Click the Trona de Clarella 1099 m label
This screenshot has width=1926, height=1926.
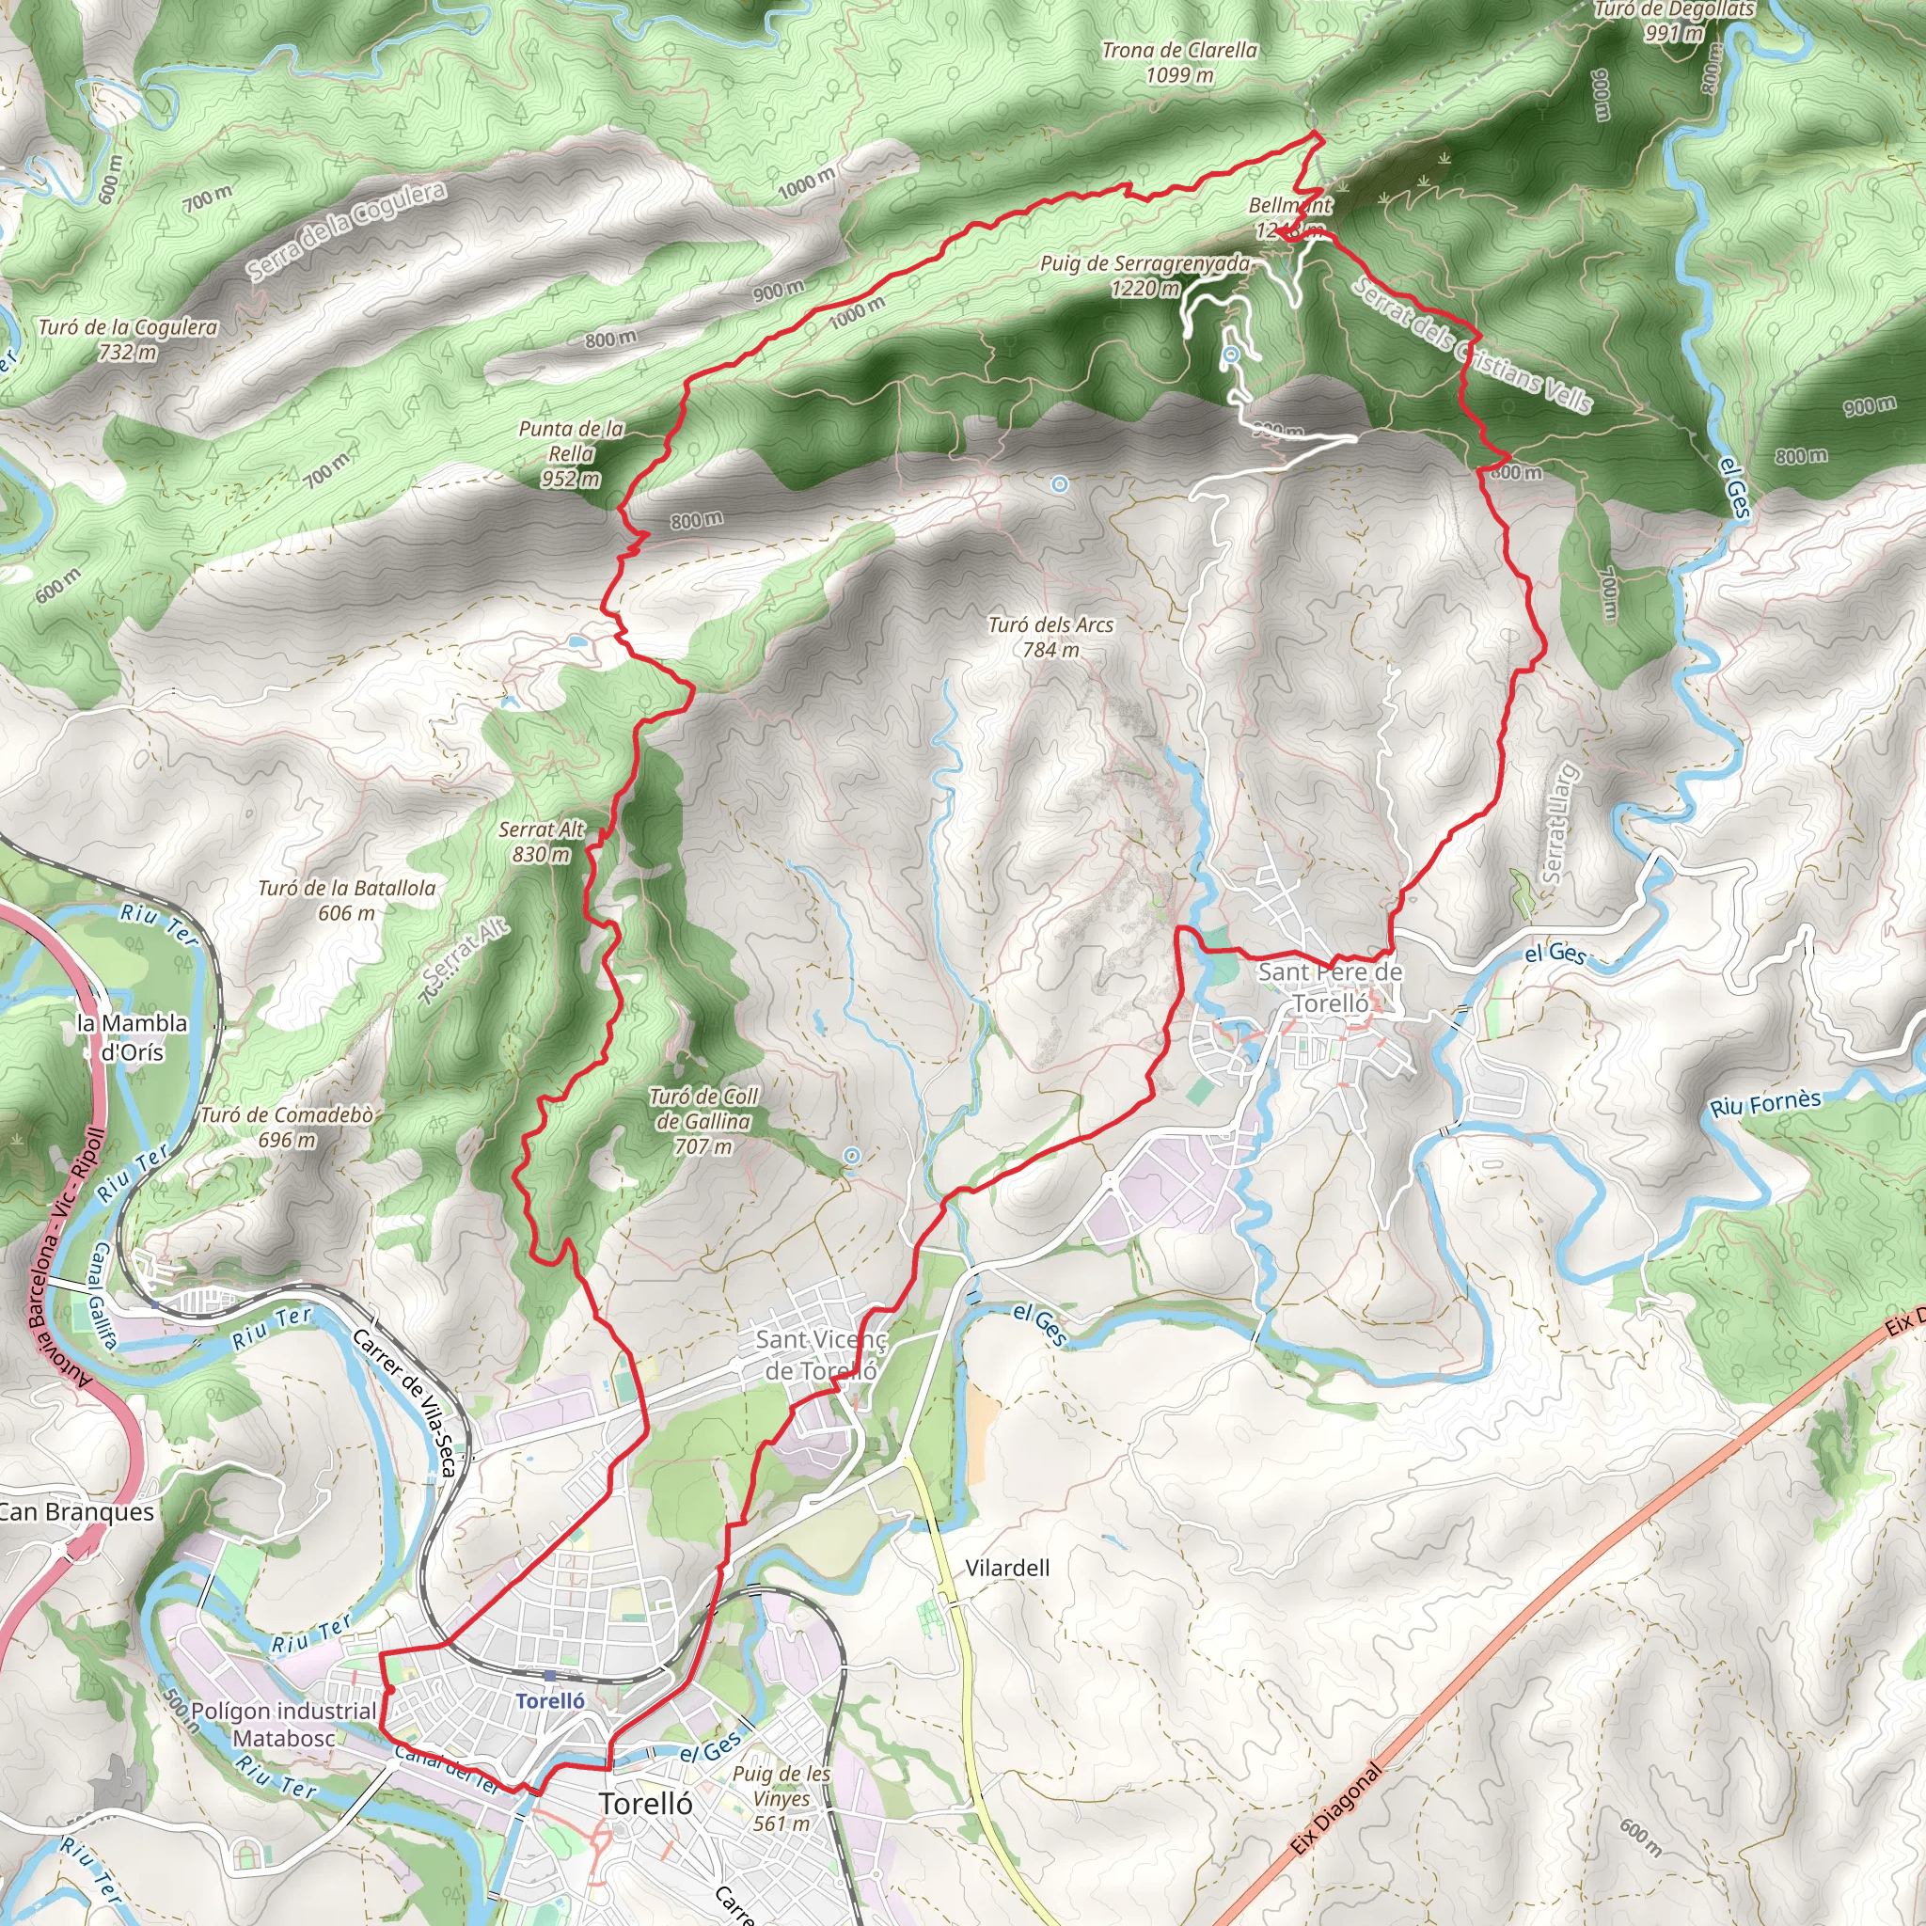1179,62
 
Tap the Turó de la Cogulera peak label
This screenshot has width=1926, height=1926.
128,339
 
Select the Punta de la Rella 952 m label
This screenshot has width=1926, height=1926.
571,453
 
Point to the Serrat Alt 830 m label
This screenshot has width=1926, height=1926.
542,842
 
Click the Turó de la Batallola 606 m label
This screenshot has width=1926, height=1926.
347,899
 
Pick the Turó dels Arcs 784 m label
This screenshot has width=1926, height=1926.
1050,636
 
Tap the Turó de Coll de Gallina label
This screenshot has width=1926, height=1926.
703,1120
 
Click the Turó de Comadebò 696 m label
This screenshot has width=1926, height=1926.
287,1127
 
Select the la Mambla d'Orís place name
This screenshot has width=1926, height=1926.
132,1036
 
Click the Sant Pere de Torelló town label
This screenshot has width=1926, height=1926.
1330,987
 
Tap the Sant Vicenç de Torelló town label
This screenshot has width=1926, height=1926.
820,1355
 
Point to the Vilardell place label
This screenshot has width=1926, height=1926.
1007,1568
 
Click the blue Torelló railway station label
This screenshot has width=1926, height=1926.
550,1700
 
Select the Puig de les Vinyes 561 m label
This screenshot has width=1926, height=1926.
781,1797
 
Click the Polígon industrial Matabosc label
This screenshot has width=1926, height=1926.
283,1724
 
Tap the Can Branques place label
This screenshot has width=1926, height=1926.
76,1512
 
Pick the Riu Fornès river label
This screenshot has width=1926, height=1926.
1765,1102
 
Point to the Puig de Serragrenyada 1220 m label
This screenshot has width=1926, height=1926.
1145,276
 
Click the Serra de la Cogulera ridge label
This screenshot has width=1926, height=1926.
347,231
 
